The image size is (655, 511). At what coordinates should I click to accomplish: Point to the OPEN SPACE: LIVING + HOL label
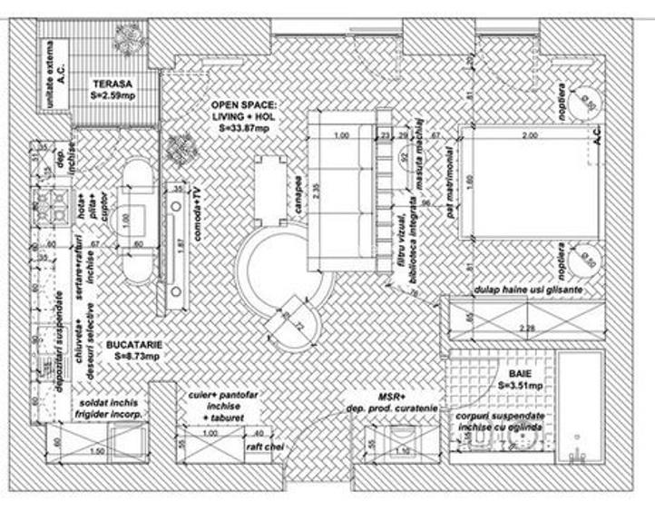[x=245, y=111]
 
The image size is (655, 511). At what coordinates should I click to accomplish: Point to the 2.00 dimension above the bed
[x=528, y=135]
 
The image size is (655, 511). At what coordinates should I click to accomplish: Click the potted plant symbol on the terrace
[x=126, y=35]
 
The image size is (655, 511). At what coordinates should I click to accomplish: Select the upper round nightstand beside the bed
[x=586, y=103]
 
